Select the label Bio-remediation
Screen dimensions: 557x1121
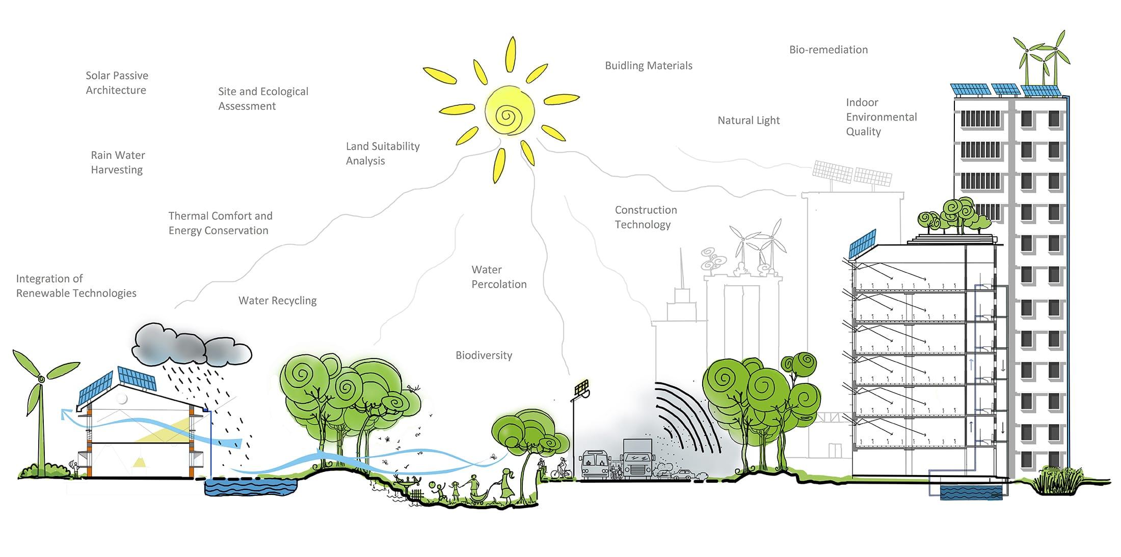[x=828, y=50]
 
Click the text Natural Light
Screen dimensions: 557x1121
[x=749, y=121]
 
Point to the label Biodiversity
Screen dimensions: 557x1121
[x=484, y=355]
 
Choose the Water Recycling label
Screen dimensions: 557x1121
[x=277, y=301]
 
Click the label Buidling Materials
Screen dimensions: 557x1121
[x=648, y=66]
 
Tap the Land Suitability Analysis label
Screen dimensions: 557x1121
[x=382, y=153]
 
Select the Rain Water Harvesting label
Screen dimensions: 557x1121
[x=118, y=162]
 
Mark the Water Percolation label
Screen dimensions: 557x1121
[x=498, y=277]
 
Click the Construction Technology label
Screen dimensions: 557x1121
[x=645, y=217]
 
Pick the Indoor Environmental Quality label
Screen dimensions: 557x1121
[x=881, y=117]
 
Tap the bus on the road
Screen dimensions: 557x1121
[x=595, y=464]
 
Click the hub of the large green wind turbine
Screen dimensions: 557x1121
[x=41, y=379]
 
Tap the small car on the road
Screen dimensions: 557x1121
[x=682, y=475]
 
